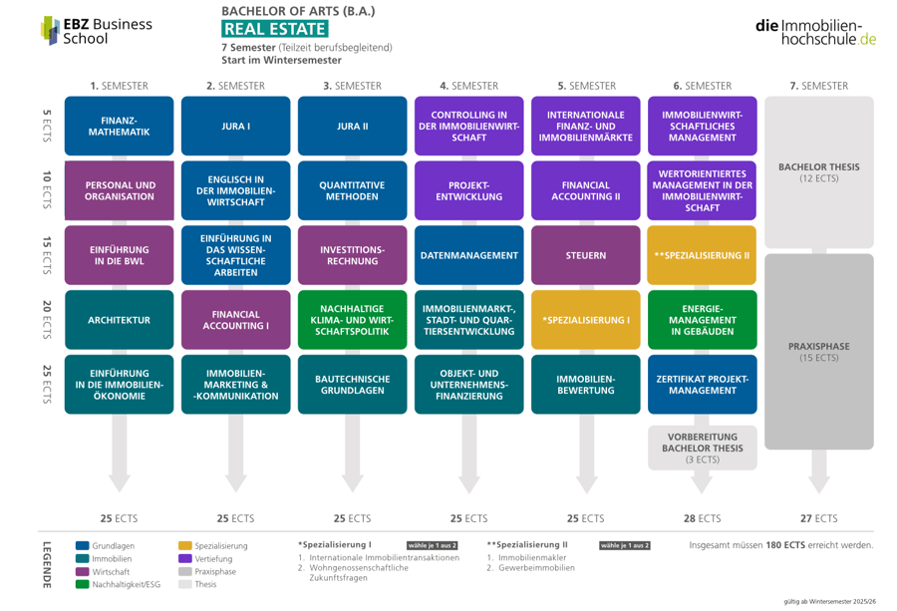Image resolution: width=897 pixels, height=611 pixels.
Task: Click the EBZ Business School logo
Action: click(96, 31)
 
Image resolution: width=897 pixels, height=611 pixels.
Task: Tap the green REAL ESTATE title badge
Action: click(275, 29)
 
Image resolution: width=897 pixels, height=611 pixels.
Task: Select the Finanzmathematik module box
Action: click(119, 126)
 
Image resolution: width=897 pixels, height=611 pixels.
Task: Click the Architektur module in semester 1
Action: click(119, 320)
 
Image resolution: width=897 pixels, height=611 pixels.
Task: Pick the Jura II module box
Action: click(353, 126)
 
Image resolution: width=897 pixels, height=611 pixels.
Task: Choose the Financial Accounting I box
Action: click(235, 320)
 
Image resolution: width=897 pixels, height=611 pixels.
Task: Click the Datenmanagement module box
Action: click(469, 255)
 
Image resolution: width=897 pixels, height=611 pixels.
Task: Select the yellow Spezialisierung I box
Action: click(586, 320)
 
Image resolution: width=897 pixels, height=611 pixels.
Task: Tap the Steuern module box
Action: click(586, 255)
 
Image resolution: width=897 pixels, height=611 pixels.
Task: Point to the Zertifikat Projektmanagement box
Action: click(703, 385)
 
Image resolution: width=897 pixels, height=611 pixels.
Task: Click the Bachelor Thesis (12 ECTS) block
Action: click(819, 172)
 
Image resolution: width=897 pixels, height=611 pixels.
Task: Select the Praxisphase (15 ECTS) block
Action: click(819, 351)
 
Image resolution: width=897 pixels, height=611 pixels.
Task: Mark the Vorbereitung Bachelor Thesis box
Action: click(703, 448)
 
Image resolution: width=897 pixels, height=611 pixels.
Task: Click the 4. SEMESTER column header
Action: click(469, 86)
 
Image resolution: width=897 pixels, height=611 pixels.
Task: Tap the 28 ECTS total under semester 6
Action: click(703, 518)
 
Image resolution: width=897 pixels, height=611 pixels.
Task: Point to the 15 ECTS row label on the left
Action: click(47, 255)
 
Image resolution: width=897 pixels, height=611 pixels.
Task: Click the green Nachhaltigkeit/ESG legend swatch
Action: click(83, 584)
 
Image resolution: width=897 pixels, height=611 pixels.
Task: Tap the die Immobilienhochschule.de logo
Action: click(815, 33)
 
